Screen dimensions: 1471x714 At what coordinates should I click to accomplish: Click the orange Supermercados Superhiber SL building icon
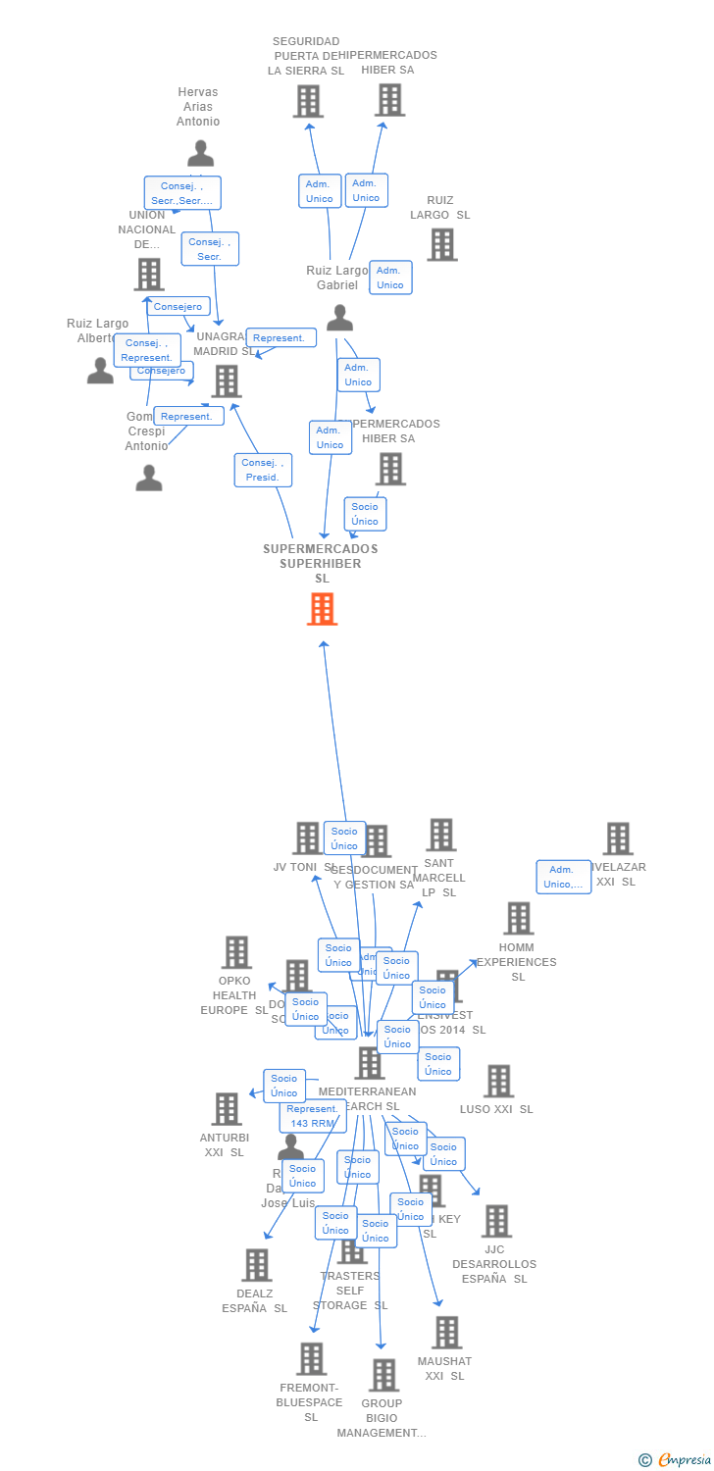[x=322, y=609]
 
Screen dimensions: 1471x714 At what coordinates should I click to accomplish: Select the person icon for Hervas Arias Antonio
[x=200, y=154]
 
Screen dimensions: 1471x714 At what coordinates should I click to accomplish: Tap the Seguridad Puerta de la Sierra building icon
[x=308, y=101]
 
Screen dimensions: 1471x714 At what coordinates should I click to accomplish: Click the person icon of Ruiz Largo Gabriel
[x=339, y=318]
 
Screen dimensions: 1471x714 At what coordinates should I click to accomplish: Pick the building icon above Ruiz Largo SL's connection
[x=441, y=244]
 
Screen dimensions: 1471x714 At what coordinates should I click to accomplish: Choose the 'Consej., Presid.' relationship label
[x=263, y=470]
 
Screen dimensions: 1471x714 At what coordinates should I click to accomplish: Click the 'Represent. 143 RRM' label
[x=313, y=1116]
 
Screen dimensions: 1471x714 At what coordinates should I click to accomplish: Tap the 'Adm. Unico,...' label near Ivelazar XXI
[x=563, y=877]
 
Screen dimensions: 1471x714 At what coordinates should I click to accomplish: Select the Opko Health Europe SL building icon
[x=235, y=952]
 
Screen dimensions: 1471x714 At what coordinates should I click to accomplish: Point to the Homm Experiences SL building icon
[x=518, y=919]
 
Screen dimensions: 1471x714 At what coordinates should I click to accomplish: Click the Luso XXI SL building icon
[x=498, y=1081]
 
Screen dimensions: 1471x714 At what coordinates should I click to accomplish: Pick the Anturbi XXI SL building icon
[x=227, y=1109]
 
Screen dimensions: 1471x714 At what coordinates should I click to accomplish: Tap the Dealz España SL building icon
[x=256, y=1265]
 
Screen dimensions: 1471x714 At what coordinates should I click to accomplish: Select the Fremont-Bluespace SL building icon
[x=312, y=1359]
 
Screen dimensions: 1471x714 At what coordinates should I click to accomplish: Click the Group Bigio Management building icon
[x=383, y=1375]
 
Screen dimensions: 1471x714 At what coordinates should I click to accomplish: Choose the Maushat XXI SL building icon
[x=446, y=1333]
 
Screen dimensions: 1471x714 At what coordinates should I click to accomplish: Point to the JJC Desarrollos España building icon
[x=496, y=1221]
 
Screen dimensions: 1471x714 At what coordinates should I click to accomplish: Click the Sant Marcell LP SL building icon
[x=440, y=835]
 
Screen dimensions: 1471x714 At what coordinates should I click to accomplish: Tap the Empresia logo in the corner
[x=676, y=1460]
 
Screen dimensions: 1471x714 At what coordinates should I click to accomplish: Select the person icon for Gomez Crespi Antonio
[x=149, y=478]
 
